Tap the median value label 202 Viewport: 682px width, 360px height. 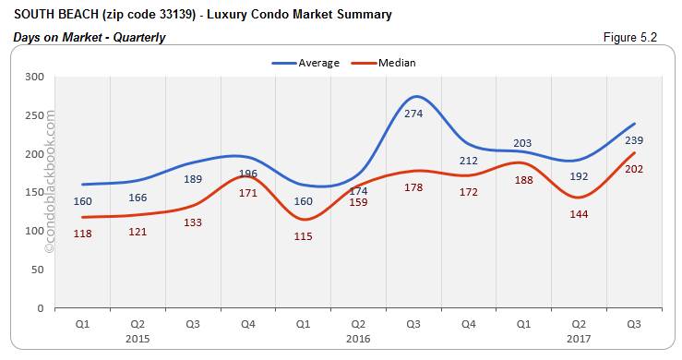point(634,169)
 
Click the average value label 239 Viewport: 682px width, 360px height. point(634,140)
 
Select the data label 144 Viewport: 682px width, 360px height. point(580,213)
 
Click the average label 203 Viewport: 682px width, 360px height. point(524,142)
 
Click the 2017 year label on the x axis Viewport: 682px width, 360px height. point(580,338)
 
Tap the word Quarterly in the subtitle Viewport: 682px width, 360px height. point(136,37)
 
